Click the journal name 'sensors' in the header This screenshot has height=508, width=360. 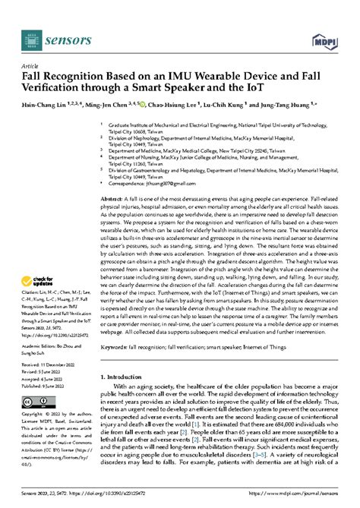click(x=65, y=36)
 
